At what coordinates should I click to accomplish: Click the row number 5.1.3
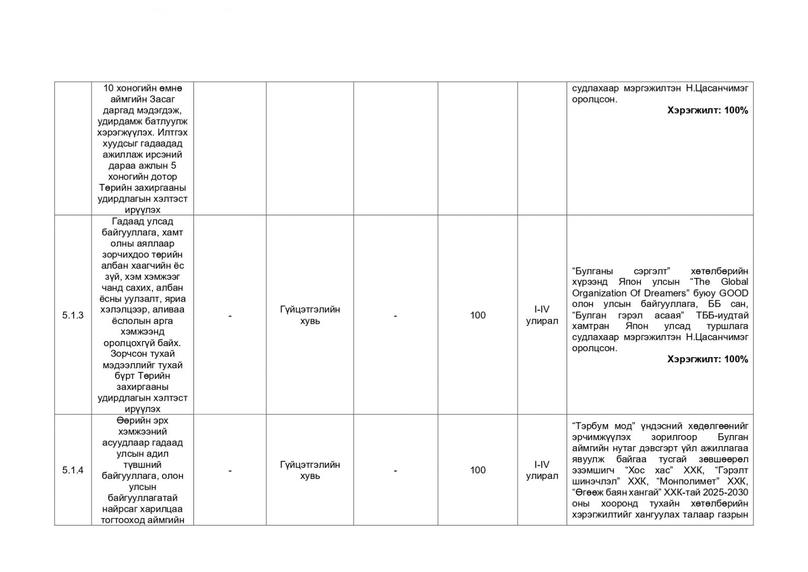pos(73,315)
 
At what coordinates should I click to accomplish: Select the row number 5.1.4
pos(73,470)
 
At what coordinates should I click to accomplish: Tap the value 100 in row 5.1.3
pos(477,315)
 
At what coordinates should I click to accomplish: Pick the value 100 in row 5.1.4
pos(477,470)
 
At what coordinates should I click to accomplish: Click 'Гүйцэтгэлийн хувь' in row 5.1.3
pos(310,315)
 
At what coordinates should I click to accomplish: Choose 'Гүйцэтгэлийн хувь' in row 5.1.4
pos(310,470)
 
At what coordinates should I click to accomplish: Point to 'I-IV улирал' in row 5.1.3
pos(542,315)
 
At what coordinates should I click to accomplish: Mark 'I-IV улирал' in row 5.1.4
pos(542,470)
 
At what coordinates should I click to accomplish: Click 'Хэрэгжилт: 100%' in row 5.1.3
pos(707,359)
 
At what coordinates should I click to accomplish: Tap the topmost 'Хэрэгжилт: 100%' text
pos(707,110)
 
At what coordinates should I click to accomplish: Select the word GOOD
pos(734,293)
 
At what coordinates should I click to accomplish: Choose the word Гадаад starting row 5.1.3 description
pos(125,221)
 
